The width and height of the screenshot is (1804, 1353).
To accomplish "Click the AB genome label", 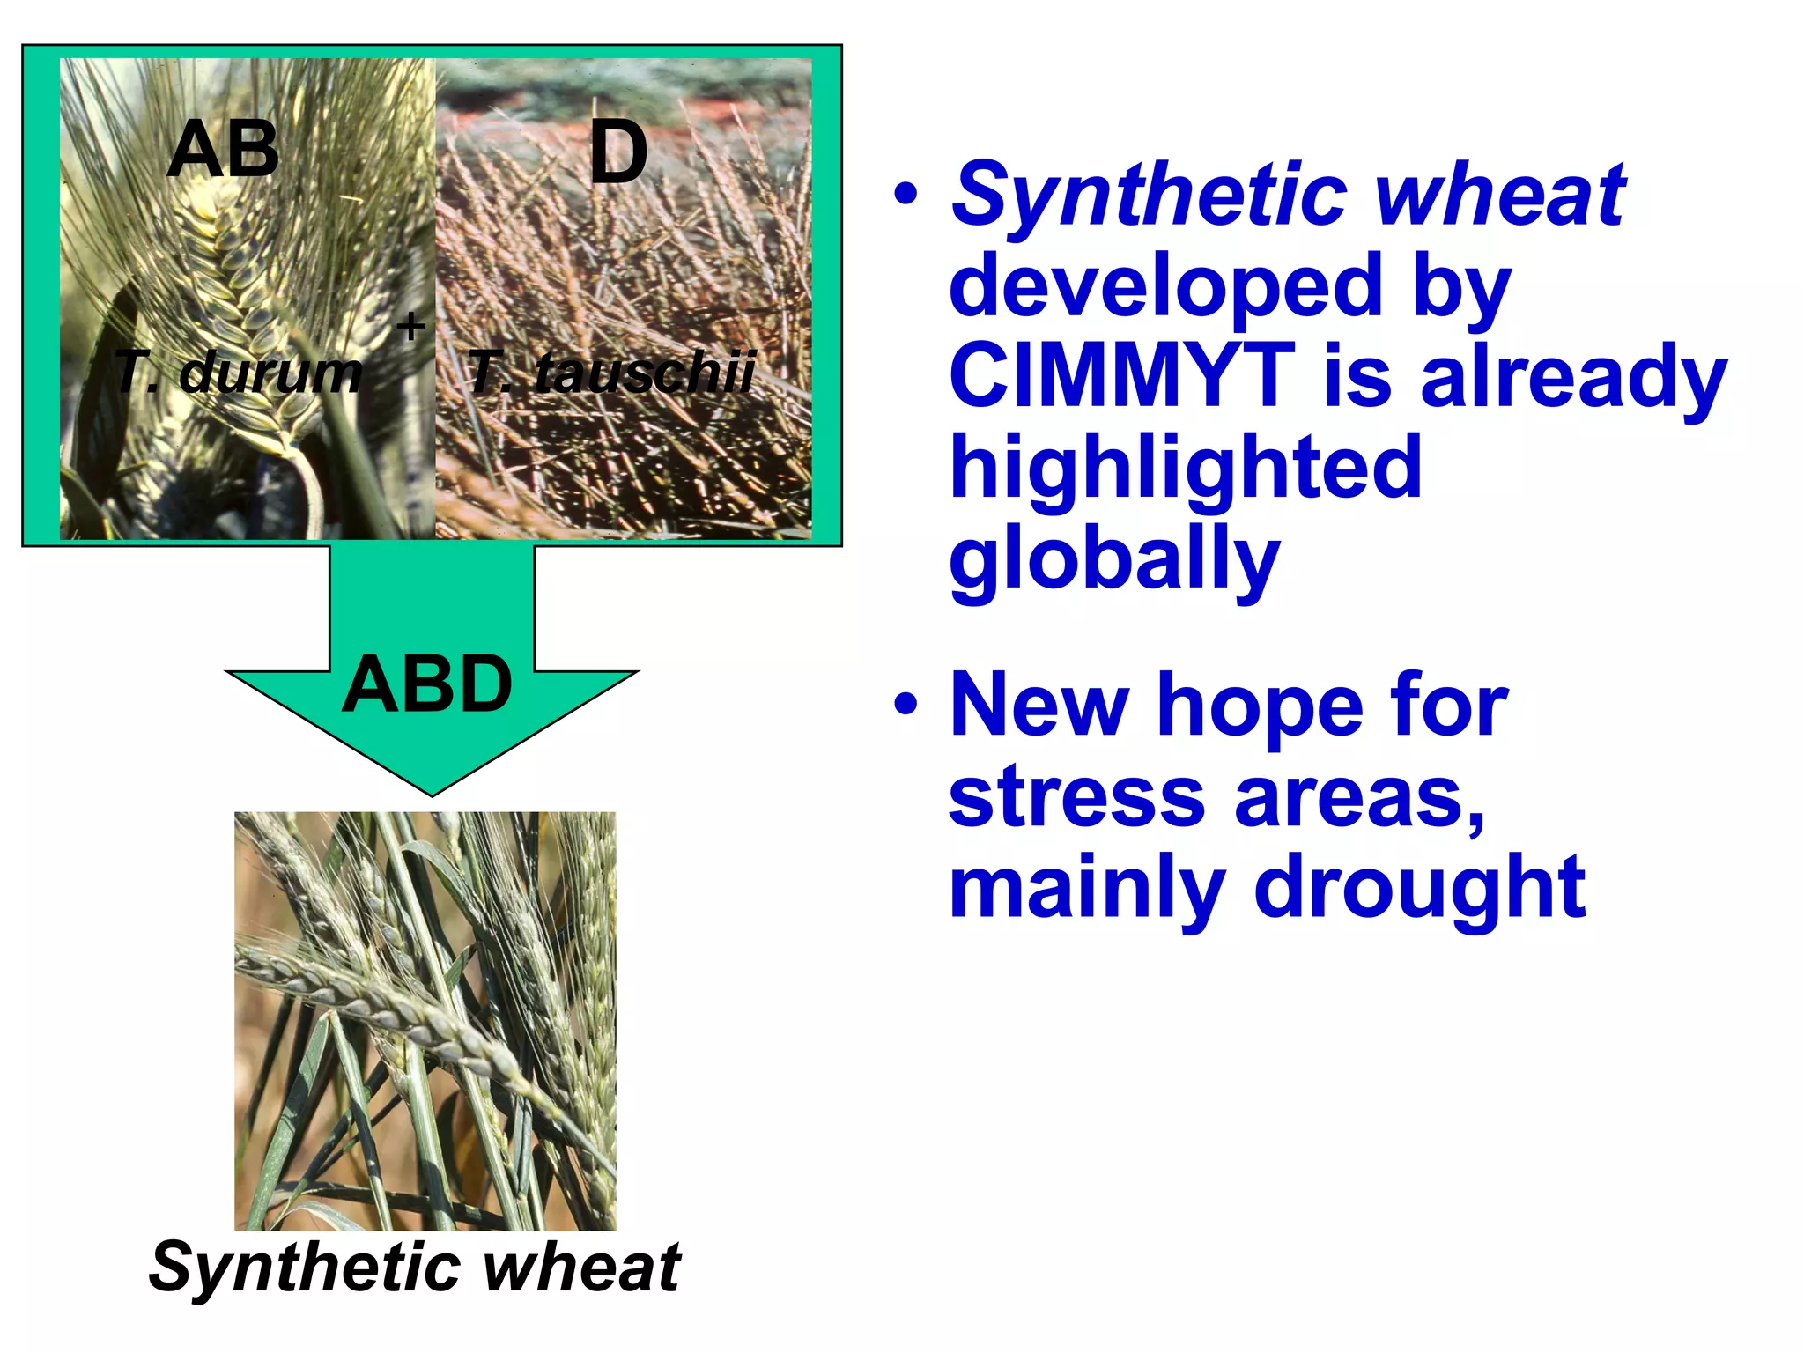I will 223,151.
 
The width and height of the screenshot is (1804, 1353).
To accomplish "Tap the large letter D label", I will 618,152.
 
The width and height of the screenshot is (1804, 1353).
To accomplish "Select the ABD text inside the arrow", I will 427,684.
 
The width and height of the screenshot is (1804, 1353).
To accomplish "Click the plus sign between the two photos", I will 410,327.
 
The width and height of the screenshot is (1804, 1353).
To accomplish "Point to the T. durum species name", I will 238,372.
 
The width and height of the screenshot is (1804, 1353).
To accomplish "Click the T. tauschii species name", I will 611,372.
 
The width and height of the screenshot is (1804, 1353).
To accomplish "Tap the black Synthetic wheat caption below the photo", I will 415,1267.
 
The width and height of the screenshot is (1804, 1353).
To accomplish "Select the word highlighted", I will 1186,469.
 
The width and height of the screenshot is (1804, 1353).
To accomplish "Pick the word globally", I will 1114,560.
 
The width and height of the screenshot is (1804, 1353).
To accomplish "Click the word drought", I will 1419,887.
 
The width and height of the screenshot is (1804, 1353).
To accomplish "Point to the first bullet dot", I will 906,195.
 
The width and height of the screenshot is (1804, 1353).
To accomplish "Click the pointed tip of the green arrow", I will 432,792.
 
